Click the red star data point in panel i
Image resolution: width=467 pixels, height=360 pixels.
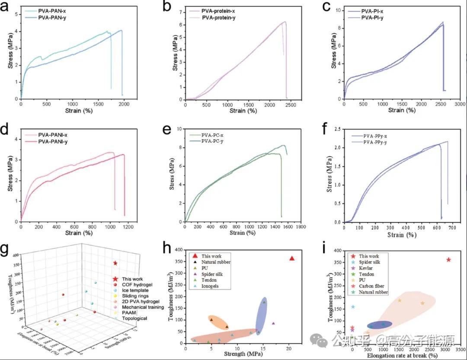click(x=448, y=260)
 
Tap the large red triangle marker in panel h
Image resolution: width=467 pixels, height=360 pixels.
click(x=292, y=258)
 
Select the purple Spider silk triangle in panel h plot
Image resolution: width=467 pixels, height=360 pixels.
click(x=273, y=323)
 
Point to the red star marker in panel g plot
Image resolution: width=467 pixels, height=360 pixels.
click(x=115, y=263)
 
